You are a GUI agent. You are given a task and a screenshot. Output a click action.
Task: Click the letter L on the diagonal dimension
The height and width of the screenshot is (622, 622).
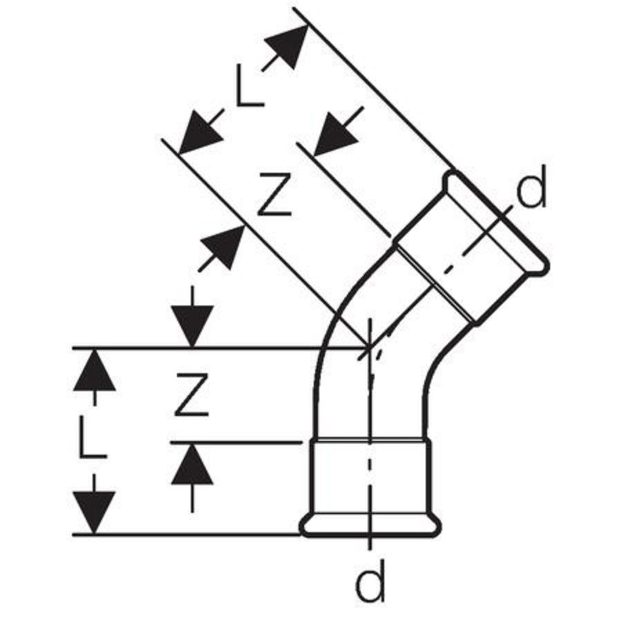click(x=250, y=86)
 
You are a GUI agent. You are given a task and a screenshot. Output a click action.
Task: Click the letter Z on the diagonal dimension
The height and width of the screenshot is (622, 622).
click(x=274, y=195)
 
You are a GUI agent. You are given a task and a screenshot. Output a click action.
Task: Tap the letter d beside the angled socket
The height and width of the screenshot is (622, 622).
click(x=532, y=187)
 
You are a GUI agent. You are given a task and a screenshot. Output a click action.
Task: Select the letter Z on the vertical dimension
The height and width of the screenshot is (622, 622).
click(x=191, y=395)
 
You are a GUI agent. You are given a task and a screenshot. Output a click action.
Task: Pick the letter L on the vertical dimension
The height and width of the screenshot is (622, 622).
click(x=93, y=437)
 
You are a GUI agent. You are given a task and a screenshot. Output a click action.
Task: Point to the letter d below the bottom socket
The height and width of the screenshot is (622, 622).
click(x=370, y=581)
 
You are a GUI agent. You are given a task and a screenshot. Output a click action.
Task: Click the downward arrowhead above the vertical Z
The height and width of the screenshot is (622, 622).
click(x=192, y=326)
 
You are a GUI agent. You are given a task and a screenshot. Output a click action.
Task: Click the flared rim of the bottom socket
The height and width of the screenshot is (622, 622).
click(x=370, y=527)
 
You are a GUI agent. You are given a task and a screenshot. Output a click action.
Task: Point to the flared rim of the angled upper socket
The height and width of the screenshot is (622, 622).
click(x=496, y=222)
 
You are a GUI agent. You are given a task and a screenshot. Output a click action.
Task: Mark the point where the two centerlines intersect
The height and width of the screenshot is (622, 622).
click(x=369, y=348)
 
